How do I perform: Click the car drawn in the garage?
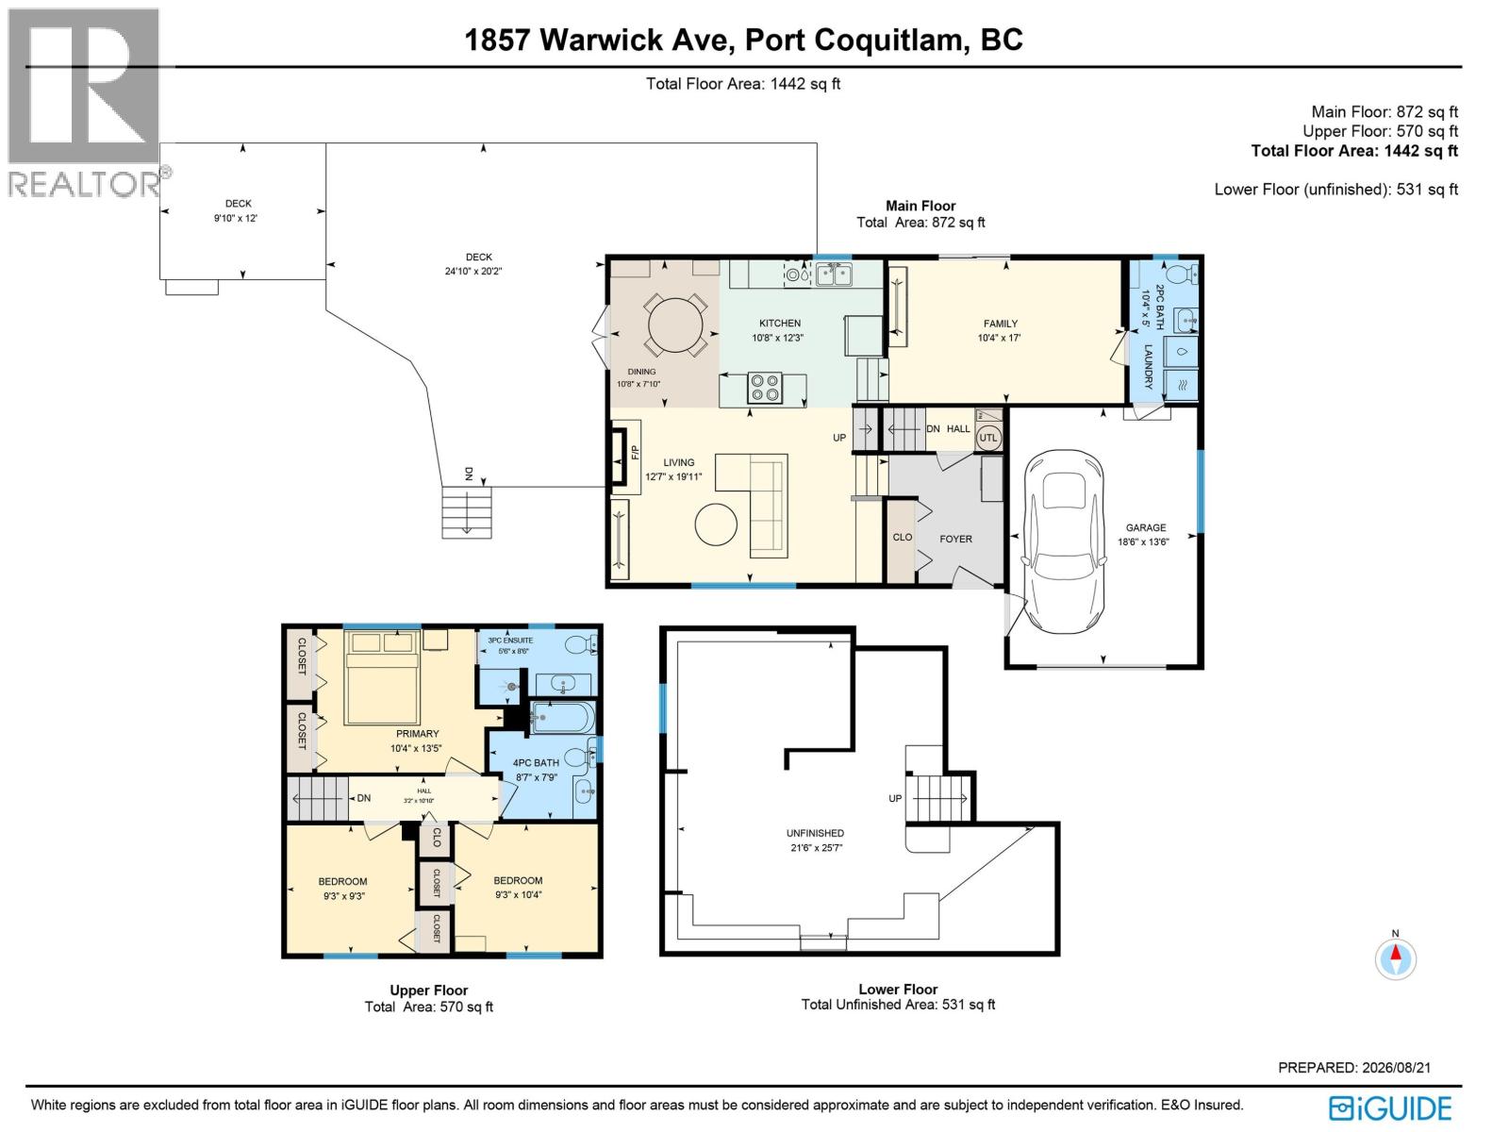point(1064,541)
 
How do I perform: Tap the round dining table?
point(676,325)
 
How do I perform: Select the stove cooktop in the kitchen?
point(765,386)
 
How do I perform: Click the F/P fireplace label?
point(636,452)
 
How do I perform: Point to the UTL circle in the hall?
point(987,438)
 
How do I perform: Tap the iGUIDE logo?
point(1391,1108)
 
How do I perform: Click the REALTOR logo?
point(85,103)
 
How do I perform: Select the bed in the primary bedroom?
point(382,677)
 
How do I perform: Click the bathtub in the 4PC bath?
point(562,718)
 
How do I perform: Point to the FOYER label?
point(955,539)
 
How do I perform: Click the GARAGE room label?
point(1145,527)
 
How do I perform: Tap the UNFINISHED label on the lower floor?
point(816,833)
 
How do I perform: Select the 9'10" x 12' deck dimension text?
point(235,218)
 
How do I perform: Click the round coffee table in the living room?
point(716,524)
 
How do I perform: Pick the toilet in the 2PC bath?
point(1183,273)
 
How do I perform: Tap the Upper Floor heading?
point(428,990)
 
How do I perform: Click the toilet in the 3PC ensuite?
point(580,644)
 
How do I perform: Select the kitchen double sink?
point(834,275)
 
